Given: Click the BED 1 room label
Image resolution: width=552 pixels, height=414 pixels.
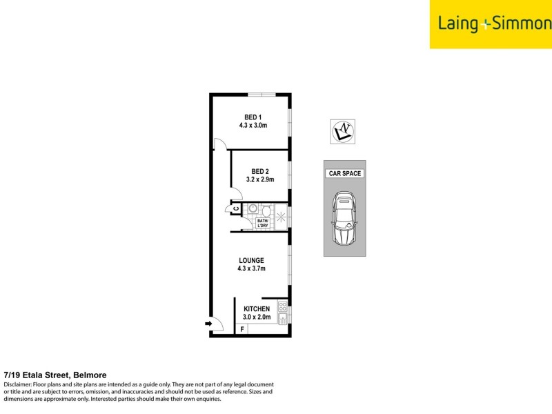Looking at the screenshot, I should [x=253, y=117].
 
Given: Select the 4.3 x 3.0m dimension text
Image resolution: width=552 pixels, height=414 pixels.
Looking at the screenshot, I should [x=253, y=126].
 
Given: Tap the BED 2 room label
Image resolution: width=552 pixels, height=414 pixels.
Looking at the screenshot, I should [x=260, y=171].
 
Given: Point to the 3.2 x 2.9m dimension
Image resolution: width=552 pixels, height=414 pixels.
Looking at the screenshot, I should [x=260, y=180].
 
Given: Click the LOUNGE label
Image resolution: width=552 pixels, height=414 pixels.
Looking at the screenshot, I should [x=252, y=260].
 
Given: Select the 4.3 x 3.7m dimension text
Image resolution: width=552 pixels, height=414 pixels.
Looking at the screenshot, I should [x=252, y=269].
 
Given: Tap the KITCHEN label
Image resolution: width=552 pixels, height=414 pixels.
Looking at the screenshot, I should [x=255, y=308].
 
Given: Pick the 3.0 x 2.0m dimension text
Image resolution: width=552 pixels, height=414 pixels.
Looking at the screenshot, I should [x=255, y=317].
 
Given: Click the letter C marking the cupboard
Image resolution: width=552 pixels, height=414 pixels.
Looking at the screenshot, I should [x=235, y=208].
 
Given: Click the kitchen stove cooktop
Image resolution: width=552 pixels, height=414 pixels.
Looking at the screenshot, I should [x=282, y=305].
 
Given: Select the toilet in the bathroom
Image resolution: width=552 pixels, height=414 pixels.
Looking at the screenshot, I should [x=266, y=208].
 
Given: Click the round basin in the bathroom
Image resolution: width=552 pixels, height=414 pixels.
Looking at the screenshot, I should [x=253, y=208].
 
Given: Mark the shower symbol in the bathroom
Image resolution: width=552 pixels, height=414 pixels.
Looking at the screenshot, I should [x=281, y=216].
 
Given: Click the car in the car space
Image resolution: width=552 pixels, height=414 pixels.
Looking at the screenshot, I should [x=344, y=219].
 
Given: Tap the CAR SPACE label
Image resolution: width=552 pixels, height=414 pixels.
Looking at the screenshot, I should [x=344, y=173].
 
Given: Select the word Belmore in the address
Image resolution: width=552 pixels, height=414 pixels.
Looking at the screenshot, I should [x=88, y=375].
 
